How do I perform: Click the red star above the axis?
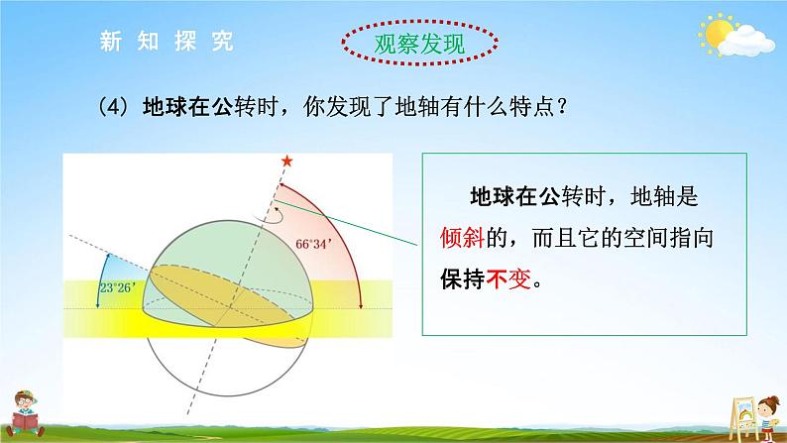pyautogui.click(x=286, y=161)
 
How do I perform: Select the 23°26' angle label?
pyautogui.click(x=117, y=288)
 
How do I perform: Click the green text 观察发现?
pyautogui.click(x=419, y=44)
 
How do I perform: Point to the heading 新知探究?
pyautogui.click(x=167, y=41)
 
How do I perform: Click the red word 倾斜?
pyautogui.click(x=462, y=237)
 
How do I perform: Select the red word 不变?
pyautogui.click(x=508, y=278)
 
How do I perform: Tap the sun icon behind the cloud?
pyautogui.click(x=717, y=32)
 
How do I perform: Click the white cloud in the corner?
pyautogui.click(x=746, y=42)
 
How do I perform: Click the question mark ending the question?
pyautogui.click(x=562, y=107)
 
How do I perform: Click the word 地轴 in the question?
pyautogui.click(x=417, y=107)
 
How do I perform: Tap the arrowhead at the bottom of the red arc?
pyautogui.click(x=361, y=305)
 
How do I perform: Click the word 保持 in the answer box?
pyautogui.click(x=462, y=278)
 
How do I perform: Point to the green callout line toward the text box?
pyautogui.click(x=346, y=223)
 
